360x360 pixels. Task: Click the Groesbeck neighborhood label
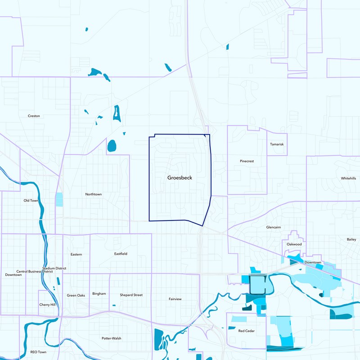point(180,178)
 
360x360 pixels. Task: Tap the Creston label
point(34,116)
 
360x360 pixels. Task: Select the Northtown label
point(94,194)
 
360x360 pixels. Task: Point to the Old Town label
point(31,200)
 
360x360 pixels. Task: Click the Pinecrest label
point(247,161)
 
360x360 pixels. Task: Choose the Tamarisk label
point(277,144)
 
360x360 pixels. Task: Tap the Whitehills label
point(348,178)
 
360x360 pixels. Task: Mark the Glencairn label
point(274,227)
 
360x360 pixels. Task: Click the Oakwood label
point(294,244)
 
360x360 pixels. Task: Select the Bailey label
point(351,239)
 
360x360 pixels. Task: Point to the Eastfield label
point(121,254)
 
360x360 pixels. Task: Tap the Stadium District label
point(54,268)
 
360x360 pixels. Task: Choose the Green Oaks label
point(76,295)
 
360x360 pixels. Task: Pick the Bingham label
point(99,294)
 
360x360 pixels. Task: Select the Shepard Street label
point(131,295)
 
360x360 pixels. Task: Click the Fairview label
point(175,299)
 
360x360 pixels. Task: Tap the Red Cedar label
point(247,331)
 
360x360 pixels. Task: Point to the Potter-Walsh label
point(112,338)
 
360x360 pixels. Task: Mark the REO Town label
point(38,352)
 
